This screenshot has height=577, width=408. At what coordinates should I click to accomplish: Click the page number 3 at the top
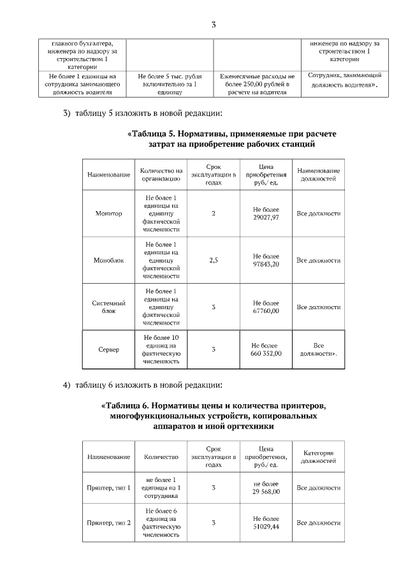tap(213, 25)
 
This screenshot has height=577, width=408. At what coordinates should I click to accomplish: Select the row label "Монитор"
tap(108, 214)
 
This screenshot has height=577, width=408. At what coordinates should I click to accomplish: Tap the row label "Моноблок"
tap(108, 260)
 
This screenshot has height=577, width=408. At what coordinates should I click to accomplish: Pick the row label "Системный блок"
tap(108, 307)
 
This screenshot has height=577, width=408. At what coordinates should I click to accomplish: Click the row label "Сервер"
tap(108, 349)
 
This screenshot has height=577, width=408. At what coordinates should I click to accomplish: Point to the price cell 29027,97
tap(266, 214)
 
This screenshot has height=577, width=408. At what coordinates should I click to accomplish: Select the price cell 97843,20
tap(266, 260)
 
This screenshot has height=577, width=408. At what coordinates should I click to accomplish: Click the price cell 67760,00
tap(266, 307)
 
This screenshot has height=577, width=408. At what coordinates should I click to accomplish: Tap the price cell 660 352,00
tap(266, 349)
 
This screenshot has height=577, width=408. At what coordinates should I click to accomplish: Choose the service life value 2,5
tap(213, 260)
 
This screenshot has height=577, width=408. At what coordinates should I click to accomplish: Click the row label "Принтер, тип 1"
tap(108, 488)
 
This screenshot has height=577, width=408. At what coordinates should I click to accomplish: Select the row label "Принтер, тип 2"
tap(108, 523)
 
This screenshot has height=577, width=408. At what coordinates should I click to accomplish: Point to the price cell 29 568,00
tap(266, 488)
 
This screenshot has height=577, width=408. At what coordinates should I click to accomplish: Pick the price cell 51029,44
tap(266, 523)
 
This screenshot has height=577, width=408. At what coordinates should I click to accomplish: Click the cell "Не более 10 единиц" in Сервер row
tap(162, 349)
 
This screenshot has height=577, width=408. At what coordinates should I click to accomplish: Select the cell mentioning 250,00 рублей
tap(257, 84)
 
